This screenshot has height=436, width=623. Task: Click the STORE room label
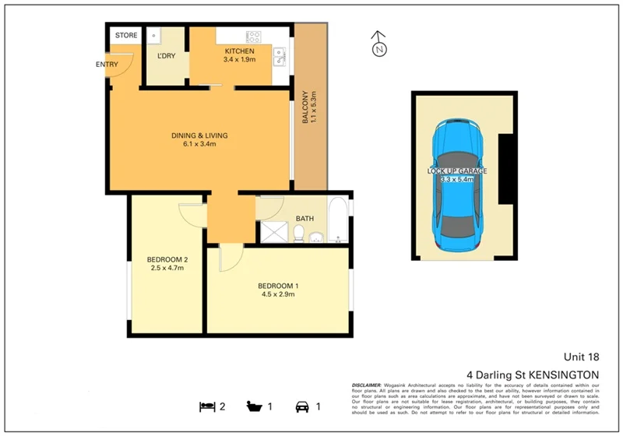126,36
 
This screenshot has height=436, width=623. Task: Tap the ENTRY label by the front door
107,65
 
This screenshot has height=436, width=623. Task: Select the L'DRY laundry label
166,57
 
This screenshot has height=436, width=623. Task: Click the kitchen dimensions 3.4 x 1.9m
239,59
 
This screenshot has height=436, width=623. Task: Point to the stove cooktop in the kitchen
255,36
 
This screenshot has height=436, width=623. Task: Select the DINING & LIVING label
199,135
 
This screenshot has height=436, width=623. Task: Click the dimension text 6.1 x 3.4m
199,144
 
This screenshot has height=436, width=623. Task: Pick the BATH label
304,219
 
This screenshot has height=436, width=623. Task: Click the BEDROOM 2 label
167,259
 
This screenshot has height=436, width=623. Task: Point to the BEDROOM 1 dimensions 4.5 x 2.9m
278,294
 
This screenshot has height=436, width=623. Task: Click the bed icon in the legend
207,406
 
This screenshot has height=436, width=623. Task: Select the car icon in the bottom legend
301,406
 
